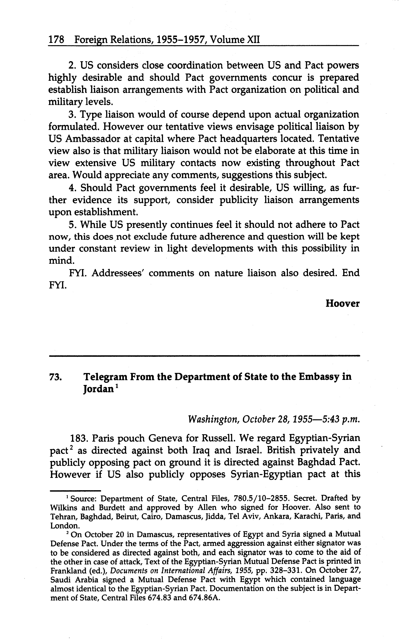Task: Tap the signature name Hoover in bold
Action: coord(342,303)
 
